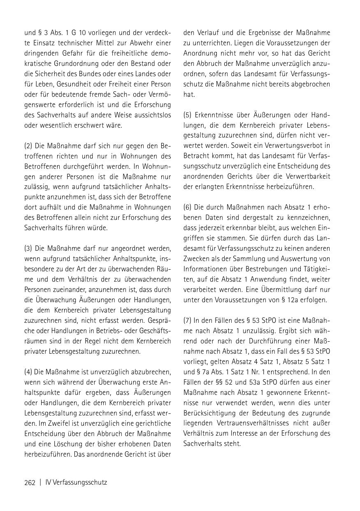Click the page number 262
pos(30,482)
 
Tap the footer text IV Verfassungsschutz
pos(76,482)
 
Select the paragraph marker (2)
pos(28,146)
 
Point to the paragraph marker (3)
pos(28,248)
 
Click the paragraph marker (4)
pos(28,372)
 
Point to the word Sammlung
pos(250,259)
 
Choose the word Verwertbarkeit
pos(306,177)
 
